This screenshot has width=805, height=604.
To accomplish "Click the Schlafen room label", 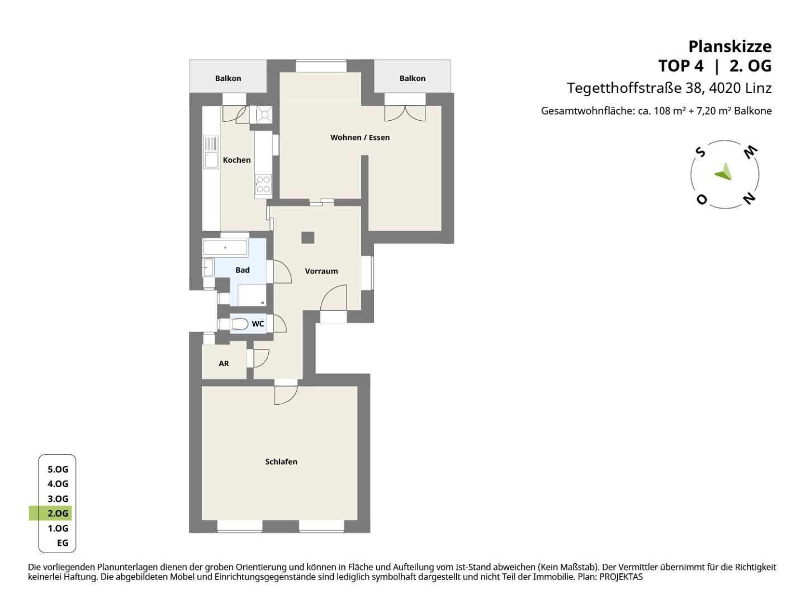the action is tap(281, 462).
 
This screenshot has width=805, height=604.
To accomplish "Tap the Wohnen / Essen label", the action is tap(360, 138).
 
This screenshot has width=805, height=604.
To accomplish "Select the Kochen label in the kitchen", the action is tap(236, 160).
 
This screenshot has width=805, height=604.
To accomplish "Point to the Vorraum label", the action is tap(321, 271).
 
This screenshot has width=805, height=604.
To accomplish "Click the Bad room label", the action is tap(243, 270).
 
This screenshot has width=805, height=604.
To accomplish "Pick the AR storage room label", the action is tap(224, 364).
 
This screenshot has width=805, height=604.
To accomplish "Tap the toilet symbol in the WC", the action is tap(239, 324).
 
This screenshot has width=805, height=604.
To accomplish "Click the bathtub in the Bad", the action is tap(225, 248).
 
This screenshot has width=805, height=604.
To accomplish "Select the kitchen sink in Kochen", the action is tap(211, 152).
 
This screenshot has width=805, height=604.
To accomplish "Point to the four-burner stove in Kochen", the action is tap(263, 185).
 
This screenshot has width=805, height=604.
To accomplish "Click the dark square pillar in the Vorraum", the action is tap(307, 238).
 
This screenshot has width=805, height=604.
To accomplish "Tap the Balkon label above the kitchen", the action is tap(228, 78).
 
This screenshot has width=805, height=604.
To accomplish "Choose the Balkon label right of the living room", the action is tap(412, 78).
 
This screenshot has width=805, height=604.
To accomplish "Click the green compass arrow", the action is tap(724, 172).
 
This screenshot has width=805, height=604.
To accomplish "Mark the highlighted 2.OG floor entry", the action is tap(51, 513).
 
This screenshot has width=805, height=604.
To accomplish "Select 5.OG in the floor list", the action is tap(58, 469).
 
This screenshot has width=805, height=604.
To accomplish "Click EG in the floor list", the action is tap(63, 542).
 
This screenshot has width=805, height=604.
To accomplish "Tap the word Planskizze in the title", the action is tap(730, 46).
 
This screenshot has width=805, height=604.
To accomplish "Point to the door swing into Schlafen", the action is tap(286, 395).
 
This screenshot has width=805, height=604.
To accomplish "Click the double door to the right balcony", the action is tap(405, 114).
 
